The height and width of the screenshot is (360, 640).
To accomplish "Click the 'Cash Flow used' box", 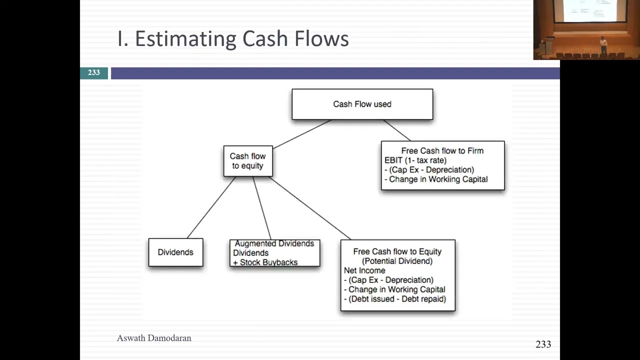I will click(x=362, y=104).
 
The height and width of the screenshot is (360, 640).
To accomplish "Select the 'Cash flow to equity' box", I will click(x=248, y=161).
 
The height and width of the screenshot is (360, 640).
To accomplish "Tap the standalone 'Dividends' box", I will click(x=175, y=252).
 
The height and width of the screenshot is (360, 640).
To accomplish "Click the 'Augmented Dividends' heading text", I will click(x=274, y=243).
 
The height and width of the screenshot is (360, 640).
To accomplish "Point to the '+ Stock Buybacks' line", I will click(x=265, y=262).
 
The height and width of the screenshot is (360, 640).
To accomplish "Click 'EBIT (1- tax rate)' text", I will click(x=415, y=160).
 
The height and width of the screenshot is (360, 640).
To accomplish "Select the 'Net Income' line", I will click(x=364, y=270).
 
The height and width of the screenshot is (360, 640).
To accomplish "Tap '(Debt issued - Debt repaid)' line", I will click(x=395, y=299).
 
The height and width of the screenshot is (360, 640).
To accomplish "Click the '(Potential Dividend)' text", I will click(x=397, y=261).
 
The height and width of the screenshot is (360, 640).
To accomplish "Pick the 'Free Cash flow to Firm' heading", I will click(x=442, y=150).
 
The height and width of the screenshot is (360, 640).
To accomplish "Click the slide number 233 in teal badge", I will click(x=94, y=73).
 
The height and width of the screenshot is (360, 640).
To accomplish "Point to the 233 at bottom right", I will click(x=543, y=344).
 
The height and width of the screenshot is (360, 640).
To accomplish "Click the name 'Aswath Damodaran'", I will click(x=154, y=338).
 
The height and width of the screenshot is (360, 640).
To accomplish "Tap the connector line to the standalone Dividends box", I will click(x=210, y=208).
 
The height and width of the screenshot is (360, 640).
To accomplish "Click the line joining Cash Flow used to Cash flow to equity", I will click(x=302, y=134).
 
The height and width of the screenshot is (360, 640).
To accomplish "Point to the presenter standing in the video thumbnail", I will click(x=603, y=44).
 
